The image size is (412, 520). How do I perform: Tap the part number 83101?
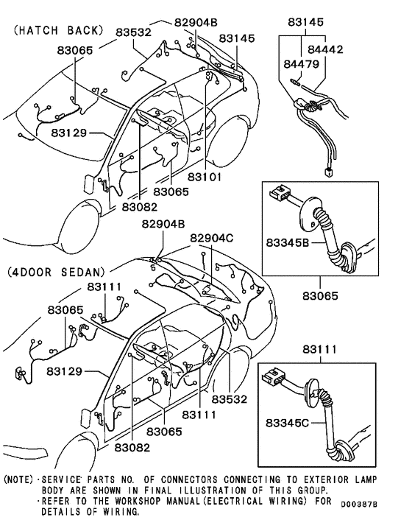[204, 178]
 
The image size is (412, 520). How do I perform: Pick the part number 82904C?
[211, 239]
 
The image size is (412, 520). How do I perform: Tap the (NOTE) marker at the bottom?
[18, 479]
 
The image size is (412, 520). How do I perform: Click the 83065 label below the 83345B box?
[320, 296]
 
